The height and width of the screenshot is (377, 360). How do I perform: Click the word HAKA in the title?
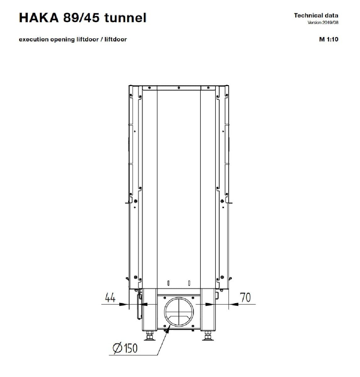(39, 18)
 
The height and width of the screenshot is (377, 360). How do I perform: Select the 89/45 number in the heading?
(81, 18)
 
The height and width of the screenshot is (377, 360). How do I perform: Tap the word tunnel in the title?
(125, 18)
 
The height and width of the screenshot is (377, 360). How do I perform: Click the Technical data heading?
(316, 15)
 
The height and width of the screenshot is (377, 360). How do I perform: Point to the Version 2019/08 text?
(323, 23)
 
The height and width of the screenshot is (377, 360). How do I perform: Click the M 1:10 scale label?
(329, 39)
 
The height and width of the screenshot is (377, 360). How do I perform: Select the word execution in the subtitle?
(34, 40)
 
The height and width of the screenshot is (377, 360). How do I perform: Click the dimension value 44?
(110, 298)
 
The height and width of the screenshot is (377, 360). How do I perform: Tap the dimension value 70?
(245, 298)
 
